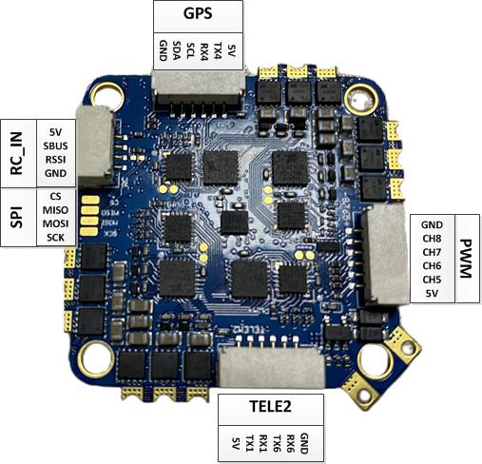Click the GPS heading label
pyautogui.click(x=198, y=13)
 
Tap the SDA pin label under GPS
pyautogui.click(x=177, y=50)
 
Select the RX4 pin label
pyautogui.click(x=204, y=51)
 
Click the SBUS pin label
pyautogui.click(x=55, y=145)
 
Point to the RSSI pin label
pyautogui.click(x=55, y=160)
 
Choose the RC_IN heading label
pyautogui.click(x=17, y=153)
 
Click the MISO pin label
pyautogui.click(x=55, y=210)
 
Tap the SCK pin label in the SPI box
pyautogui.click(x=55, y=238)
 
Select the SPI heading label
pyautogui.click(x=17, y=217)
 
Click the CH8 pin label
pyautogui.click(x=432, y=239)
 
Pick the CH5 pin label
pyautogui.click(x=432, y=280)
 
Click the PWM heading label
pyautogui.click(x=465, y=259)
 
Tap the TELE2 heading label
pyautogui.click(x=270, y=407)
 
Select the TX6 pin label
pyautogui.click(x=277, y=444)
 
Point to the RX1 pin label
pyautogui.click(x=263, y=444)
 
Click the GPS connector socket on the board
pyautogui.click(x=199, y=90)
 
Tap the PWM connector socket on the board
pyautogui.click(x=384, y=255)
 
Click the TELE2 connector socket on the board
pyautogui.click(x=273, y=368)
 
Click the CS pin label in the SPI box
pyautogui.click(x=55, y=196)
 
